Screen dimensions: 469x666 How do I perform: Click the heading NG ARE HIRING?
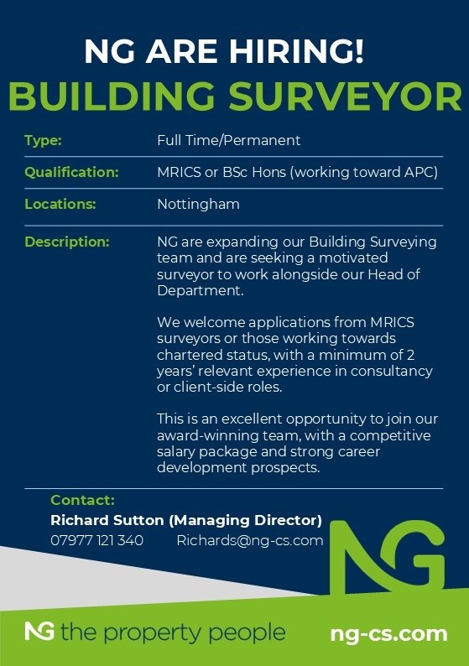click(224, 52)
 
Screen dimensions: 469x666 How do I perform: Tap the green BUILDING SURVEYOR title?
click(234, 96)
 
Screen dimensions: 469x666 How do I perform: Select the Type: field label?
click(44, 140)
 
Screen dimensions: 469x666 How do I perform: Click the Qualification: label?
click(71, 172)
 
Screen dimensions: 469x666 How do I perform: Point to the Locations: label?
click(60, 204)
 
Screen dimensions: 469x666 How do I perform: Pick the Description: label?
click(67, 242)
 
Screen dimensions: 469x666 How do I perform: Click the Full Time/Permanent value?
click(228, 140)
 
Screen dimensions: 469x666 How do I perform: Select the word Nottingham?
click(198, 204)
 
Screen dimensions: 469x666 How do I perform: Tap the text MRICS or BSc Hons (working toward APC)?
click(297, 172)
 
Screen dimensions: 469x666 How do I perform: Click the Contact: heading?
click(82, 501)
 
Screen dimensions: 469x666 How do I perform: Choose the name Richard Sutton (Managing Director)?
click(186, 520)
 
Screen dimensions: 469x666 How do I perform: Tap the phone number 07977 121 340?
click(96, 540)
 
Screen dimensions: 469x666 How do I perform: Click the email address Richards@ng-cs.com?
click(249, 540)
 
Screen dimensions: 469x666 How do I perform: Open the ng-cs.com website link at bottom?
click(388, 633)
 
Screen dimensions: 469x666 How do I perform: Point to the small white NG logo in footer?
click(39, 632)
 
